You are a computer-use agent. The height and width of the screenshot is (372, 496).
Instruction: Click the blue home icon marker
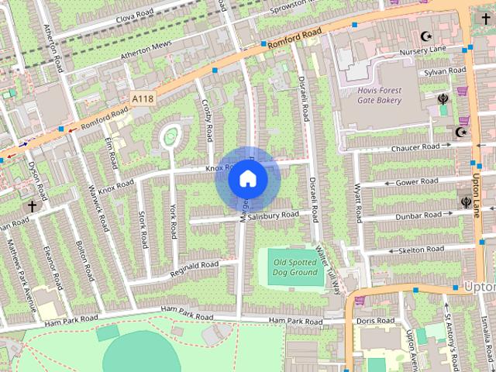coord(247,178)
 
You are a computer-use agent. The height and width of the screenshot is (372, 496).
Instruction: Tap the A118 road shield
coord(142,99)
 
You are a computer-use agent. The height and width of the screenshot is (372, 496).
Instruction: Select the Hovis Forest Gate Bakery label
coord(380,95)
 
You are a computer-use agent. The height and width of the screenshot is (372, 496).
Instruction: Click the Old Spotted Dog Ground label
coord(295,267)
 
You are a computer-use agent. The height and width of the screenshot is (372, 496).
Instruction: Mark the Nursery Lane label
coord(423,50)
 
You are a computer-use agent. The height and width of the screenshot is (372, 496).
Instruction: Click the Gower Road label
coord(416,181)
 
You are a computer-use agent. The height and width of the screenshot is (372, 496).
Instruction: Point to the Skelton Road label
coord(421,250)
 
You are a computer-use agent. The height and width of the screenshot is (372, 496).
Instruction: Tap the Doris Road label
coord(376,320)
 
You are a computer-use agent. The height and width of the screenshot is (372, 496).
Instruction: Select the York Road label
coord(174,221)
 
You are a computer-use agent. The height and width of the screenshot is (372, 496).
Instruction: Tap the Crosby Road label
coord(207,121)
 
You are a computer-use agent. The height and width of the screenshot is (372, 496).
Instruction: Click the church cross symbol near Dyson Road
coord(32,206)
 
